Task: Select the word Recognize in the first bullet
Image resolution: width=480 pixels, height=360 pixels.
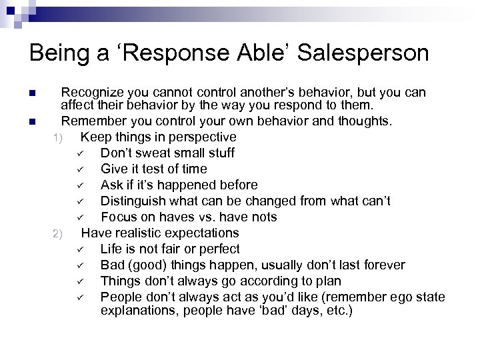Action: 91,92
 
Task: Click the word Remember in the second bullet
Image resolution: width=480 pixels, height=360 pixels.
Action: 91,121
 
